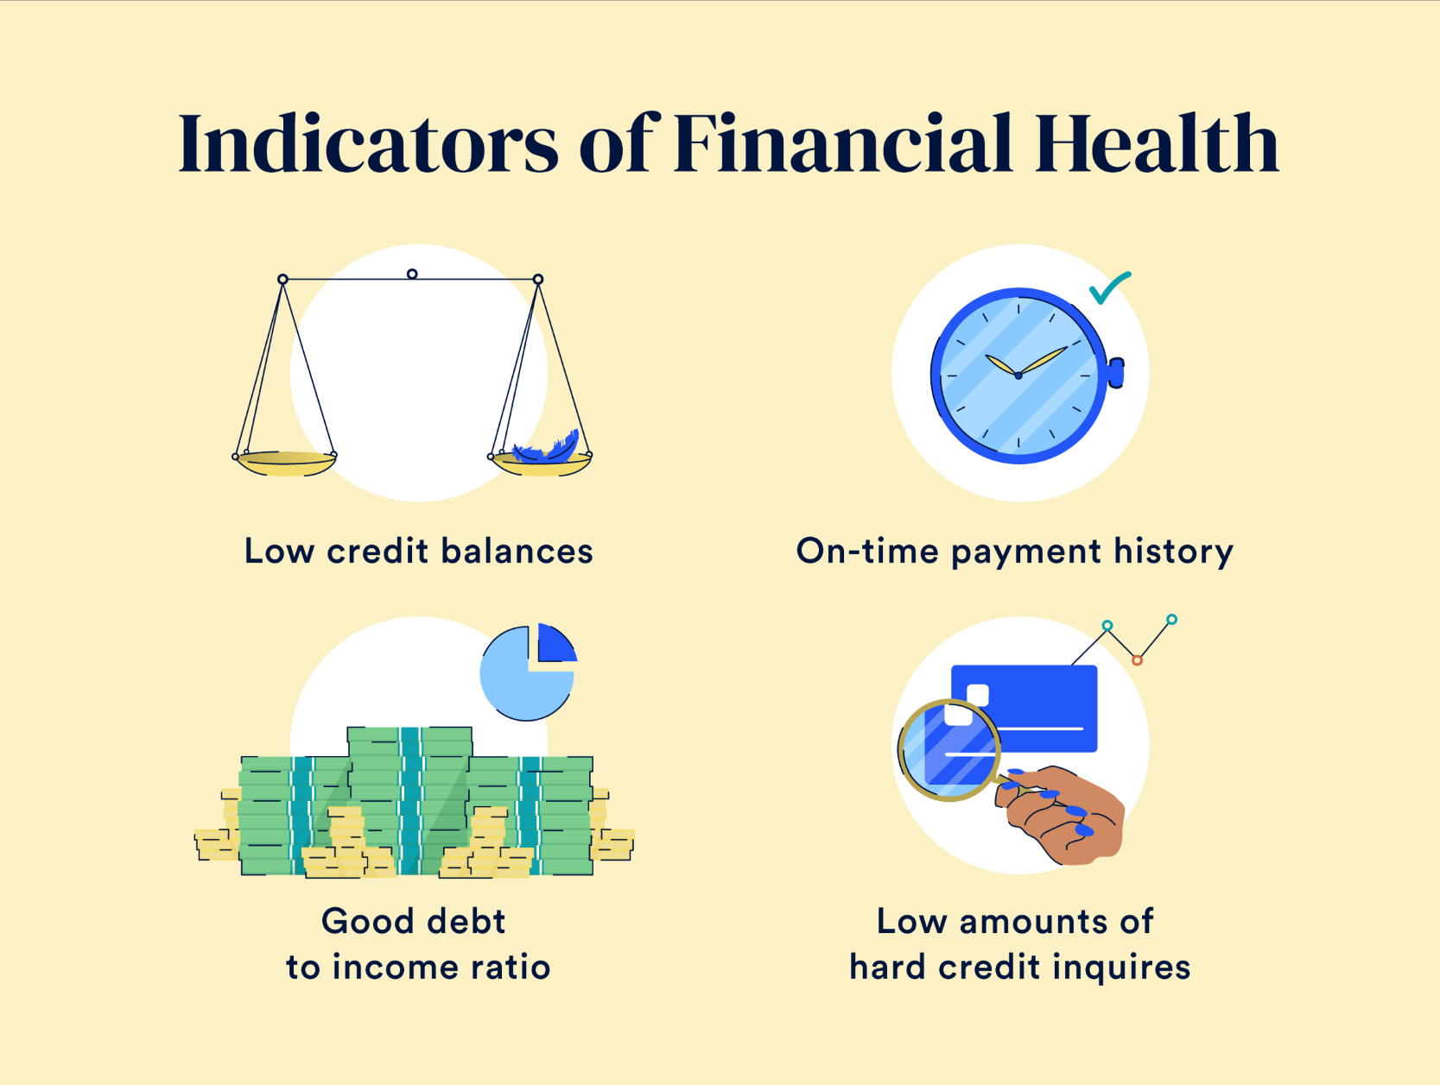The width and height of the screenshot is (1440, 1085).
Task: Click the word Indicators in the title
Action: click(368, 143)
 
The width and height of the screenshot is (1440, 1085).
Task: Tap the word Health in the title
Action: click(1157, 143)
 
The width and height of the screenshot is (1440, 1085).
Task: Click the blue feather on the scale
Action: click(546, 446)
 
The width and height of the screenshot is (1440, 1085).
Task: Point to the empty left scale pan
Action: click(285, 463)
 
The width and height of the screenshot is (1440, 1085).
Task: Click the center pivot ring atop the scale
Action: click(412, 274)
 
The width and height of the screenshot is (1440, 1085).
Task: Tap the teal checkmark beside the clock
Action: click(1109, 287)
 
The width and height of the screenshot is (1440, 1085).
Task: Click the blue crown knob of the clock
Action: click(1116, 372)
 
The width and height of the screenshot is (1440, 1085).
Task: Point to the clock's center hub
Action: click(1018, 375)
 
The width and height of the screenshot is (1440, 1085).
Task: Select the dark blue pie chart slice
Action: click(555, 645)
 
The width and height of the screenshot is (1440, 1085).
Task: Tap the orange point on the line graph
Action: click(1138, 660)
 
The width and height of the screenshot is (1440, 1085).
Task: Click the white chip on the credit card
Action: click(978, 695)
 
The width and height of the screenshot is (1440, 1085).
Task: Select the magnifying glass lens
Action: click(948, 750)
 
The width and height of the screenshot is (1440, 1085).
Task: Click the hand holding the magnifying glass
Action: click(1061, 814)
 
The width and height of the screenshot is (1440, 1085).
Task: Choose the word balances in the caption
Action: click(517, 551)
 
